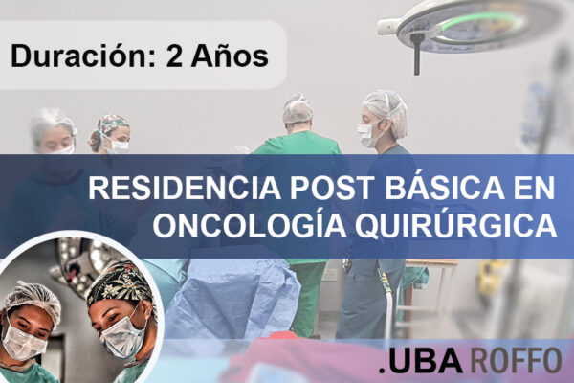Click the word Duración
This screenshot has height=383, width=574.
(x=70, y=56)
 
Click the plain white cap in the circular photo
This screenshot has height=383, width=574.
(x=33, y=300)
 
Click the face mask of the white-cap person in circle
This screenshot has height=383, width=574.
(x=23, y=343)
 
